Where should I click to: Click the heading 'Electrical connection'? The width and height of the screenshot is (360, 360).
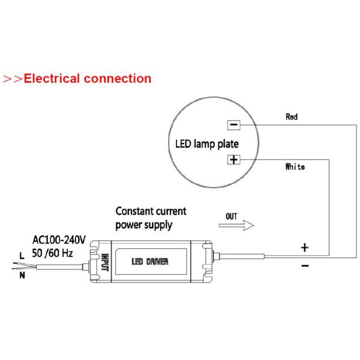[87, 79]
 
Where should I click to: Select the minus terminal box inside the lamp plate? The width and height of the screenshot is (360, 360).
[233, 125]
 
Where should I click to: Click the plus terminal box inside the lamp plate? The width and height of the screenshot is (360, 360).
[233, 160]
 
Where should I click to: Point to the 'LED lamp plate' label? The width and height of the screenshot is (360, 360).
[206, 144]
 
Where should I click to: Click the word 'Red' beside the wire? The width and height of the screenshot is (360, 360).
[291, 117]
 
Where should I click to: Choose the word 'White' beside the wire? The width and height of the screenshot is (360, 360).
[295, 166]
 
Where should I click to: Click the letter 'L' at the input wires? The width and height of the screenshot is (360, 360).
[22, 256]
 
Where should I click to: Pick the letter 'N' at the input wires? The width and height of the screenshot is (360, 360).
[22, 276]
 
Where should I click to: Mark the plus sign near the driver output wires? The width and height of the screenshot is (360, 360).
[304, 247]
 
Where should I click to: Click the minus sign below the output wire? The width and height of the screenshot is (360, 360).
[304, 266]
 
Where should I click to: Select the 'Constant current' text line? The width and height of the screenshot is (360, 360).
[151, 212]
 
